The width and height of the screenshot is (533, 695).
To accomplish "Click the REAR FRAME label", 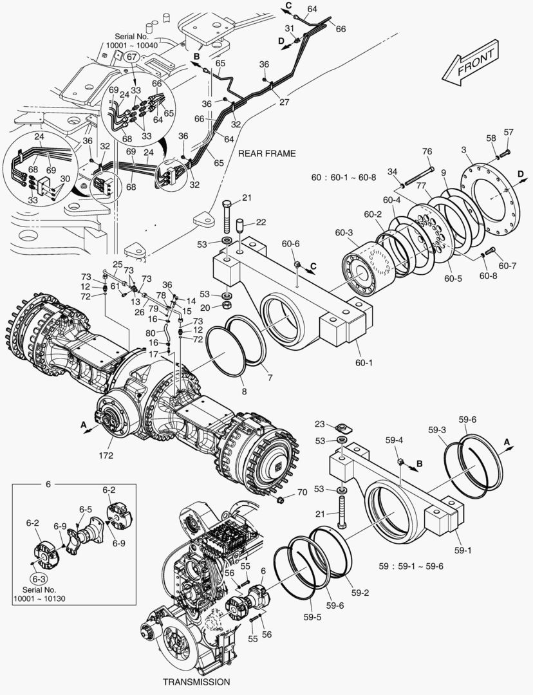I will [266, 153].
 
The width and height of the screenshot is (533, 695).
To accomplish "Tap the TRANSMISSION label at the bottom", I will [196, 681].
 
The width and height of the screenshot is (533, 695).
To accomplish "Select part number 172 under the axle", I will [106, 456].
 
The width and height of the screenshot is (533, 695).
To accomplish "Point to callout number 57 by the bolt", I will [509, 132].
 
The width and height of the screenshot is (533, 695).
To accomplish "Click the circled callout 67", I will [131, 57].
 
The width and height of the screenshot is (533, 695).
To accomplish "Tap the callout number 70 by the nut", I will [302, 494].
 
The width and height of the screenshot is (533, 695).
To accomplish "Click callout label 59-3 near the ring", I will [437, 429].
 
